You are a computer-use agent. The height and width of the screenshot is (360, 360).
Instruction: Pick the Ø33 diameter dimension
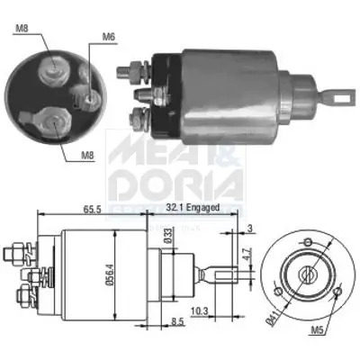pyautogui.click(x=167, y=236)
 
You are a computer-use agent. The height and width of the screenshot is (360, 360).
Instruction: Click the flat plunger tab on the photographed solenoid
pyautogui.click(x=339, y=91)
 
